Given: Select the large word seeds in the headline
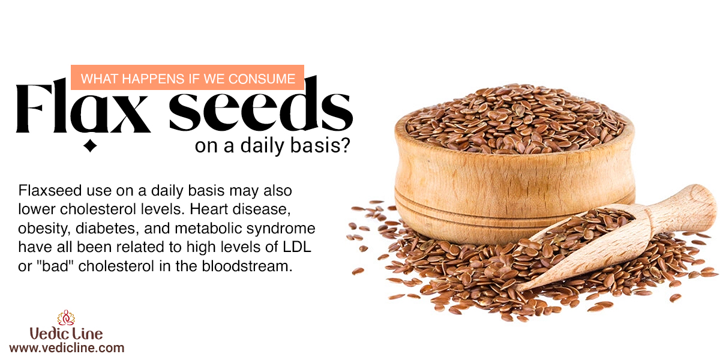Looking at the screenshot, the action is tap(261, 103).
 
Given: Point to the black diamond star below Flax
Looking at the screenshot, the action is tap(90, 146).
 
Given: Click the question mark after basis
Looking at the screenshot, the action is tap(345, 145).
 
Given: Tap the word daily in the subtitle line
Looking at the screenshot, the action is tap(262, 146).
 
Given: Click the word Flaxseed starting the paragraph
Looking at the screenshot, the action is tap(50, 190).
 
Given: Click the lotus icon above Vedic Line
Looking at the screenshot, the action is tap(66, 317).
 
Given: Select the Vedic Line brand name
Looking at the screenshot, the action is tap(66, 334).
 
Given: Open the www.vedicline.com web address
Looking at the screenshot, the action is tap(67, 348).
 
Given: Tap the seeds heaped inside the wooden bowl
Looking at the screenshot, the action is tap(514, 119).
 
